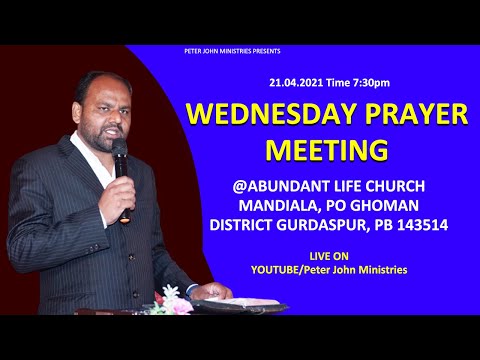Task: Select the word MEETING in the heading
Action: [327, 149]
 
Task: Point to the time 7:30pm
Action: [367, 82]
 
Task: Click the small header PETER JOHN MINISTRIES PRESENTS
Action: [239, 50]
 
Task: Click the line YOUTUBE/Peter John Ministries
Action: [329, 270]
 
